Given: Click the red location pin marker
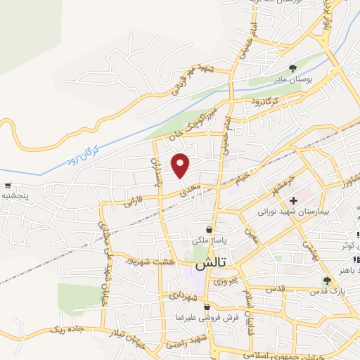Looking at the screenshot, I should tap(181, 166).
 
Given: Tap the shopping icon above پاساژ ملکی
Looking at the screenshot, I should tap(210, 229).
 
